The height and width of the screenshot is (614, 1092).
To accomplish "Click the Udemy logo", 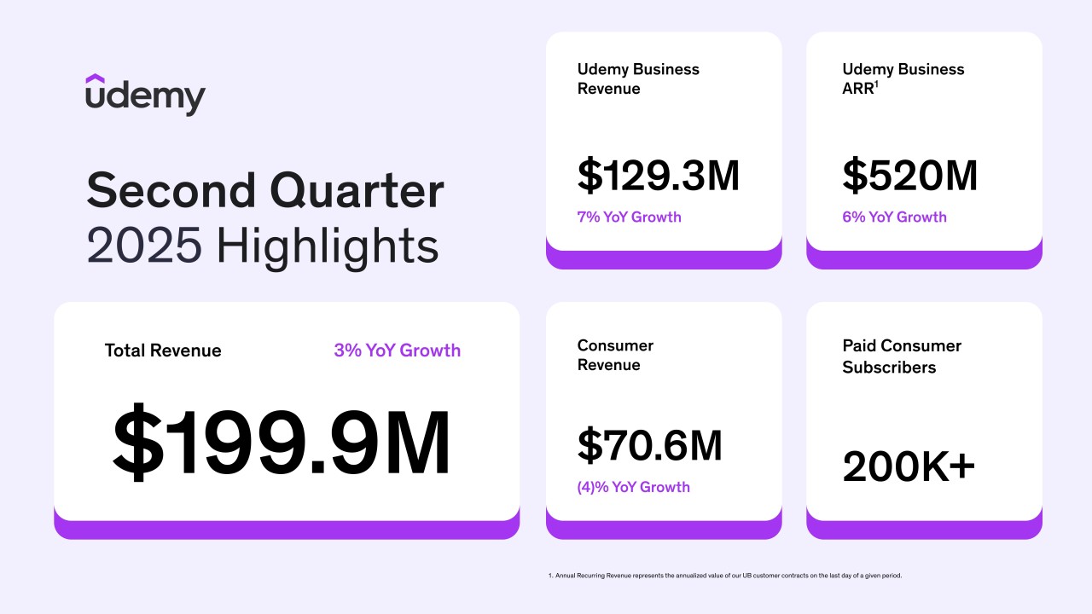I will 145,95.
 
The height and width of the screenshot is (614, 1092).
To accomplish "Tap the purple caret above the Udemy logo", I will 95,79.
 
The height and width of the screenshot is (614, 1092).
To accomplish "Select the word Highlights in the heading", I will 328,246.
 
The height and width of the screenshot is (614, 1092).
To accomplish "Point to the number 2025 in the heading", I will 144,246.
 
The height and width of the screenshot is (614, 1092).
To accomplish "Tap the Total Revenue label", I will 163,350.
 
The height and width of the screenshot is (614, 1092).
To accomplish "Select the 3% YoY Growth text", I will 397,350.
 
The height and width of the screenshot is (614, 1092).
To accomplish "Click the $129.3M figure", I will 658,176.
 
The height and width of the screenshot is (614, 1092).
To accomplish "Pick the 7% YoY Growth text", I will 629,217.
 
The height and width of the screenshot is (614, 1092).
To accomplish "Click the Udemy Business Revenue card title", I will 638,78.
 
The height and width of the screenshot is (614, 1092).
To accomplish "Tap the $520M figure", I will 909,176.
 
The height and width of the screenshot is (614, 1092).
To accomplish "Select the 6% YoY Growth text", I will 894,217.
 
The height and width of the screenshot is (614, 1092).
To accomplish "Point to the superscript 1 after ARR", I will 876,84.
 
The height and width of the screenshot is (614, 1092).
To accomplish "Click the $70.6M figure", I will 649,445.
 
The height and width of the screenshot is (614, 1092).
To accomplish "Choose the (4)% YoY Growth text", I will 633,487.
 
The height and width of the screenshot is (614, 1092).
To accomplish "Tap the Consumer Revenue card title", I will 615,355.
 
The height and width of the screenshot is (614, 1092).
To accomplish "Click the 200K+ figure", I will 909,466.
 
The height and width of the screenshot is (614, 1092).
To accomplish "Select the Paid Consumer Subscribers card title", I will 901,356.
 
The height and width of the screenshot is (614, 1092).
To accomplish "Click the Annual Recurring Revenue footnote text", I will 724,576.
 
